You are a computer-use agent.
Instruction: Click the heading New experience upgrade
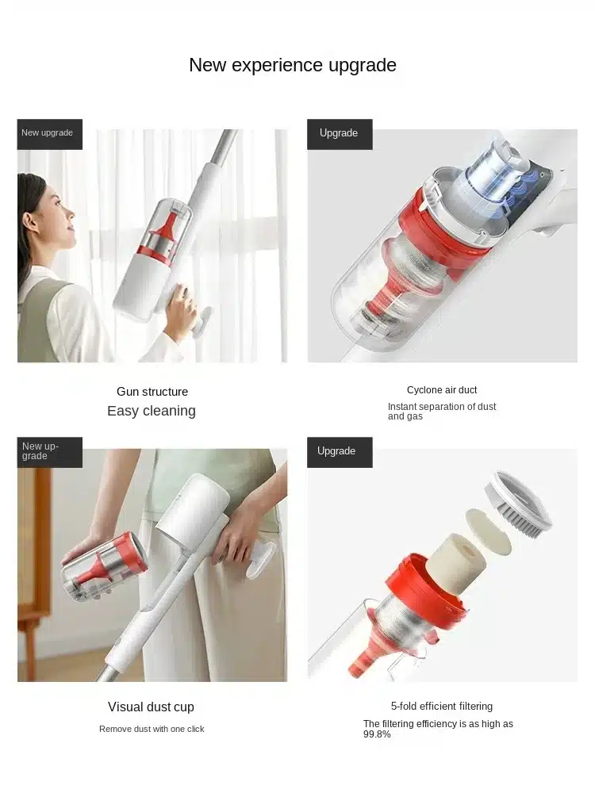[293, 65]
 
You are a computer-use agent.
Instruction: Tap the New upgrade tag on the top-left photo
[49, 134]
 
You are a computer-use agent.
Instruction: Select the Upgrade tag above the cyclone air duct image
[340, 134]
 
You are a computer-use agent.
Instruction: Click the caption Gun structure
[152, 392]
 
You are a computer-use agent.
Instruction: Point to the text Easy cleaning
[152, 411]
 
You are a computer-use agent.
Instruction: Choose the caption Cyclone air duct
[442, 390]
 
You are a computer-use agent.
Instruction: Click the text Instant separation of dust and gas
[442, 411]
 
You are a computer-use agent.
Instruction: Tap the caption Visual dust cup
[151, 707]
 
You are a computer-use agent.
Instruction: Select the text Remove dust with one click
[152, 729]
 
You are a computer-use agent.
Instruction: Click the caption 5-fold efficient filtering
[442, 706]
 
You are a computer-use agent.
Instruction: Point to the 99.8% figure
[377, 734]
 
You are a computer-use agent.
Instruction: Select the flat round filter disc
[488, 531]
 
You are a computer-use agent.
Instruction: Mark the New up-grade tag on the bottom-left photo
[49, 452]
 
